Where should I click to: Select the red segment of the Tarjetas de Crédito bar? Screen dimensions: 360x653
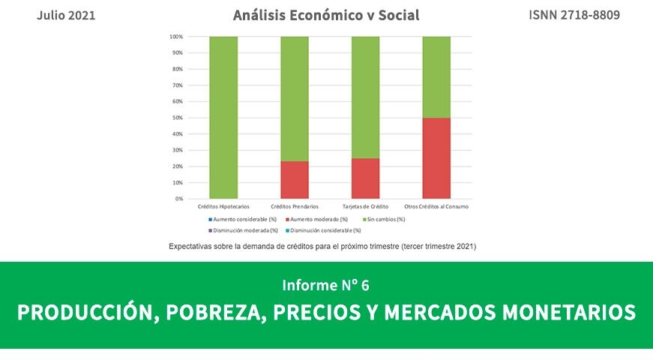(x=365, y=178)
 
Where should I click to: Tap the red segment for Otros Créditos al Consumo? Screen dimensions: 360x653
(x=436, y=158)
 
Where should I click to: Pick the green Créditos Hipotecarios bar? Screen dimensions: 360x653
(x=223, y=117)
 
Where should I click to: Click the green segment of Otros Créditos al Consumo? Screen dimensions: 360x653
(x=436, y=76)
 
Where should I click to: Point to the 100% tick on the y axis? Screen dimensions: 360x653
(x=177, y=37)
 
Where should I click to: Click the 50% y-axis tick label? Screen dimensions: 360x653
(x=178, y=118)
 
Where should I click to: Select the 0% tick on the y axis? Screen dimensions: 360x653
(x=180, y=199)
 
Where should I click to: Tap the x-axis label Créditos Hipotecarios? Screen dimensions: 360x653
(x=223, y=206)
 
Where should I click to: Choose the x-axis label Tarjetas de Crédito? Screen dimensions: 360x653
(x=365, y=206)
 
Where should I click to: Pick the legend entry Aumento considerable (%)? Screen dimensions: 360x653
(x=240, y=219)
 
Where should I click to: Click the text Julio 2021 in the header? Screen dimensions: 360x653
(x=66, y=15)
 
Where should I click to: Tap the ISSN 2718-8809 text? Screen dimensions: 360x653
(x=574, y=15)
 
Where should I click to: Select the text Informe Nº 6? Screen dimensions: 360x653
(x=326, y=285)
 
